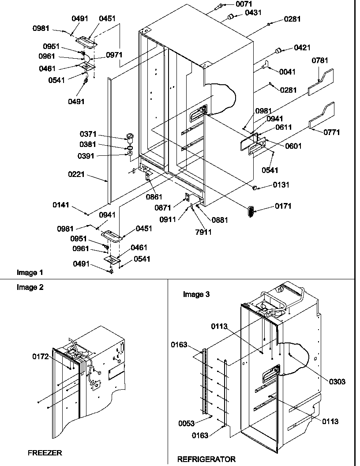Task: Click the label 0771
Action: pyautogui.click(x=331, y=132)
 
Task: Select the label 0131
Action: pyautogui.click(x=281, y=185)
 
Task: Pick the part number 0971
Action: pyautogui.click(x=114, y=55)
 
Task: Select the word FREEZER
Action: pyautogui.click(x=45, y=453)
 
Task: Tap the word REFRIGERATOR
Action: pyautogui.click(x=206, y=459)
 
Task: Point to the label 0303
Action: pyautogui.click(x=337, y=382)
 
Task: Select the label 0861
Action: pyautogui.click(x=153, y=197)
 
